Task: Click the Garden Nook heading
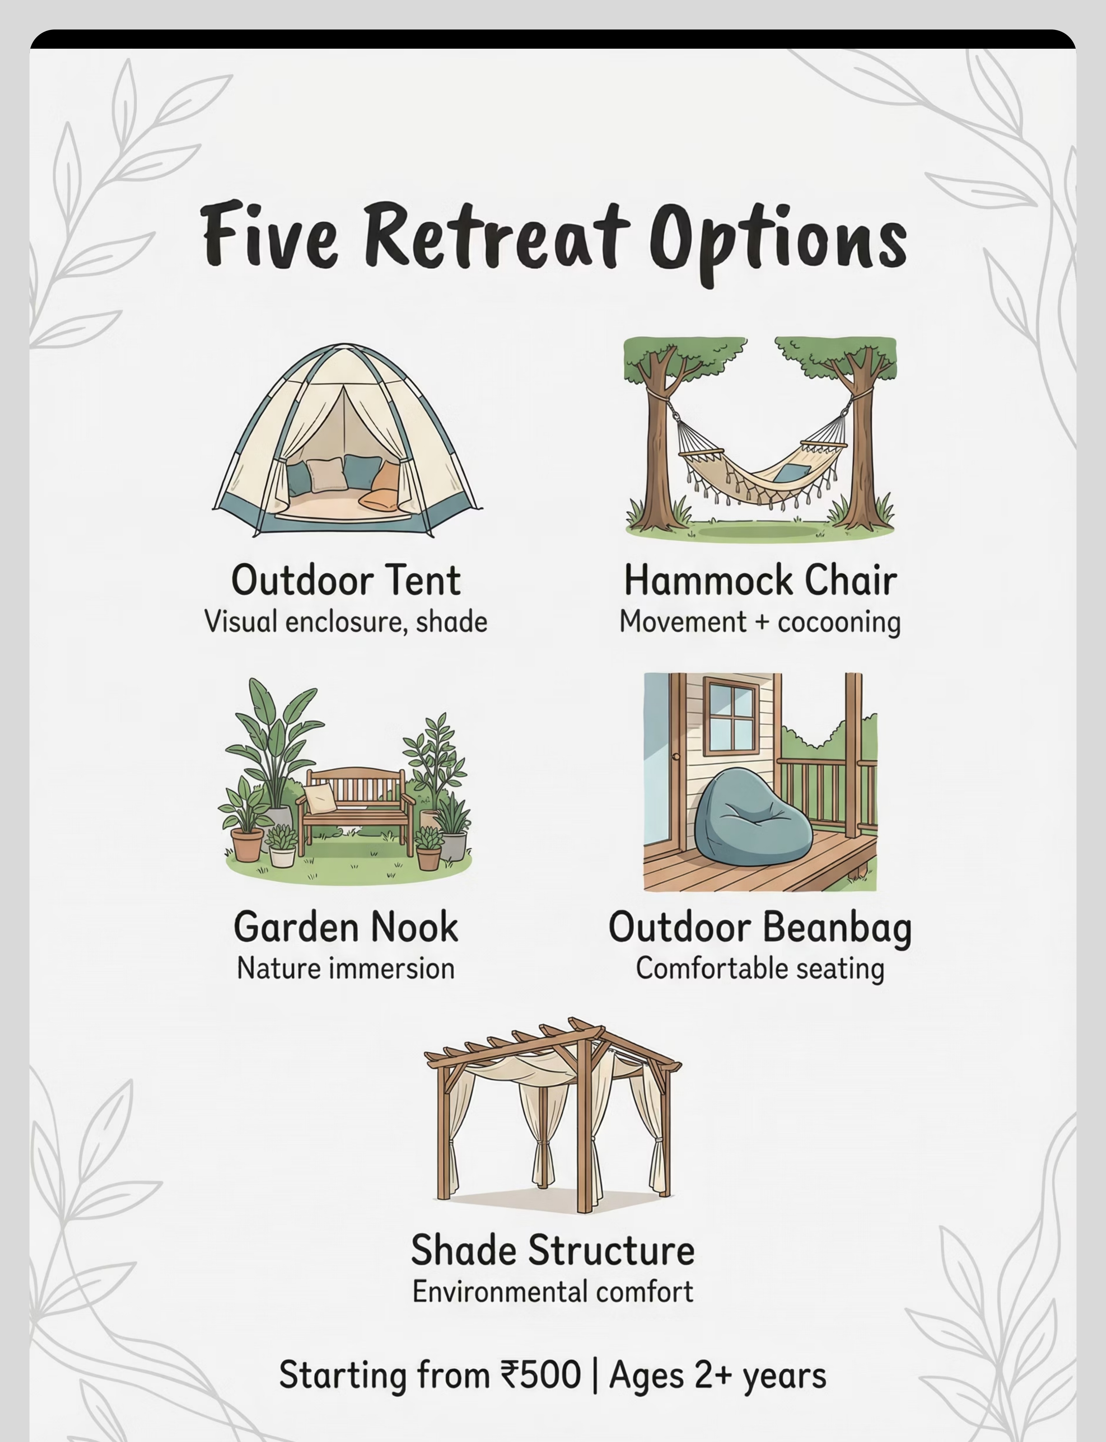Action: click(x=346, y=927)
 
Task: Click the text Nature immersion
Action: click(x=346, y=969)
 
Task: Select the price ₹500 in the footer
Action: click(x=541, y=1375)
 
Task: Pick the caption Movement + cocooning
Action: click(x=760, y=622)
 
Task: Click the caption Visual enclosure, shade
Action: click(x=346, y=622)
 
